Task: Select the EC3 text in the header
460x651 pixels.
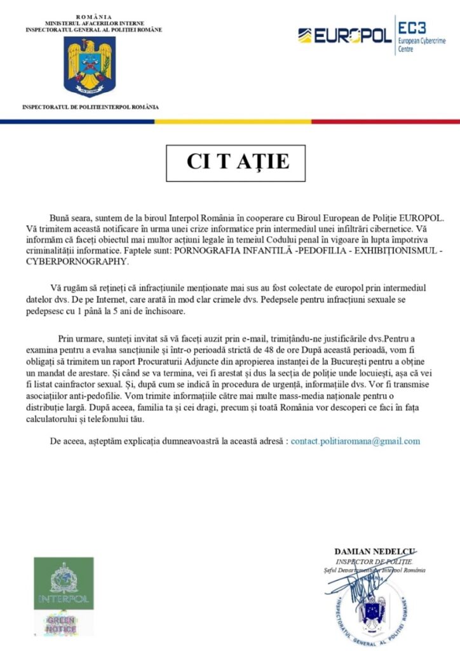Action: click(414, 27)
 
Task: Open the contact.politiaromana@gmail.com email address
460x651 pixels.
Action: click(355, 441)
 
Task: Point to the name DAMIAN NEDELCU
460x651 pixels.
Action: click(375, 551)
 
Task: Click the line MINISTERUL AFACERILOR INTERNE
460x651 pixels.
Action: click(93, 23)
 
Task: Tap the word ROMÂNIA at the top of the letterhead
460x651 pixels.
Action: click(93, 16)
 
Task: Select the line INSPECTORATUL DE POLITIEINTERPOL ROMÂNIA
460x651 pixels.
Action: click(90, 107)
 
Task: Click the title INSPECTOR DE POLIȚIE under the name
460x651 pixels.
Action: click(375, 561)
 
